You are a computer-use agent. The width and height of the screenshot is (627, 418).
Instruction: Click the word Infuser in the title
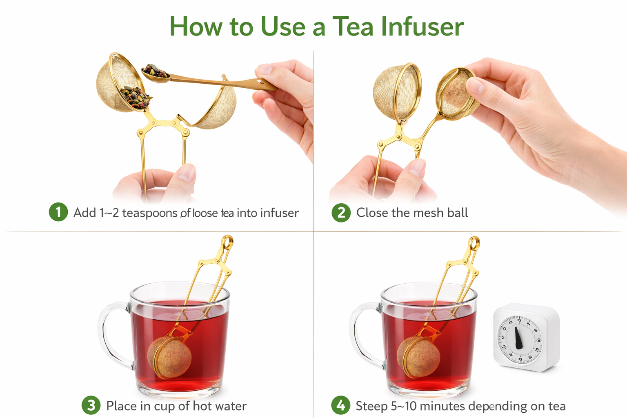coord(422,27)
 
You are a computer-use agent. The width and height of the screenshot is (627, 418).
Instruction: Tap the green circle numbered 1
coord(58,212)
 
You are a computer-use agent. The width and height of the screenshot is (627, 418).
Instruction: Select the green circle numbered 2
coord(341,213)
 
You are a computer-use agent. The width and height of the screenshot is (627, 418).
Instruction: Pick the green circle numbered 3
coord(91,405)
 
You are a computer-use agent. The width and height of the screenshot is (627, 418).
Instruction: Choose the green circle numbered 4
coord(341,405)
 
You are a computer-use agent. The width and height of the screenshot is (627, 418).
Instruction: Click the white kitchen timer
coord(527,337)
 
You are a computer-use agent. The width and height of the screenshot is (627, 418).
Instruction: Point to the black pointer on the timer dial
coord(518,338)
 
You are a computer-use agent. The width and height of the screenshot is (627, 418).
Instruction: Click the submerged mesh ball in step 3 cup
coord(170,357)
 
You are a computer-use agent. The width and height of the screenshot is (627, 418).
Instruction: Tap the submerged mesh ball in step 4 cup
coord(418,356)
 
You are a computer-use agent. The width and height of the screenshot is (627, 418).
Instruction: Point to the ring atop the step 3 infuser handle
coord(227,242)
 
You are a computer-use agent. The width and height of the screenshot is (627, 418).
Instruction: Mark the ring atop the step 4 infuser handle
coord(474,244)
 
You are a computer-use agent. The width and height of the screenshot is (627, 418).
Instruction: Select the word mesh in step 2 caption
coord(430,213)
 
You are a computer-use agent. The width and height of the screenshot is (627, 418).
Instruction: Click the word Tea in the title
coord(353,27)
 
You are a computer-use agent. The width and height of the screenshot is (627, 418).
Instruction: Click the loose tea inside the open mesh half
coord(135,97)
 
